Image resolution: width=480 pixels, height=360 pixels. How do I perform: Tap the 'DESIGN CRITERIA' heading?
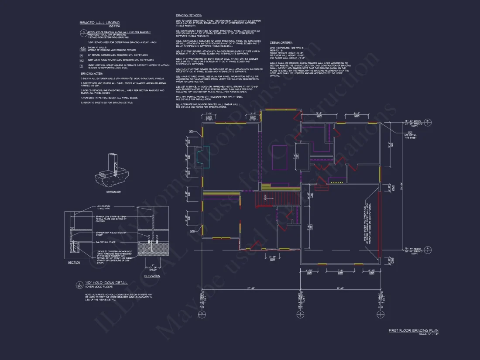click(282, 42)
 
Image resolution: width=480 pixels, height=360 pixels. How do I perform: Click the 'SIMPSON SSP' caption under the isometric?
click(113, 191)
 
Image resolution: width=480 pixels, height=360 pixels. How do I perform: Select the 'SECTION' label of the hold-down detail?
click(74, 263)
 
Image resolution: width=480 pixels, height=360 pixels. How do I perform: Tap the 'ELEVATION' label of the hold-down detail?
click(152, 276)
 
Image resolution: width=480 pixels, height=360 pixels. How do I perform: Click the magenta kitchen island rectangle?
click(280, 157)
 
